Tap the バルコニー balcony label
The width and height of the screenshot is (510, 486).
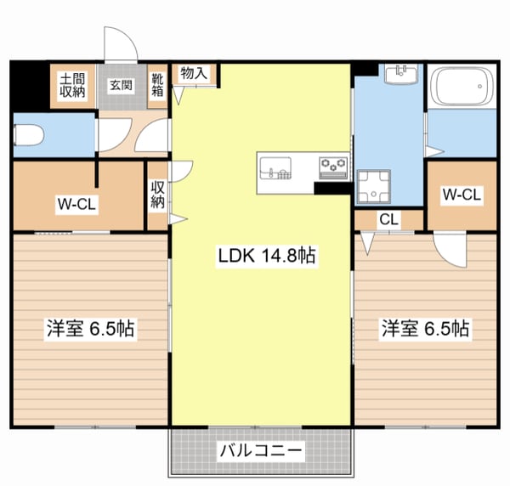(260, 450)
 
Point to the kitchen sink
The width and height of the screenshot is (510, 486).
(275, 168)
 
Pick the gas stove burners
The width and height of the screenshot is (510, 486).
(333, 165)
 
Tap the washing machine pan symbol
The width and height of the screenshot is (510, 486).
(372, 187)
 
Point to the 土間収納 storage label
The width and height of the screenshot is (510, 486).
(72, 86)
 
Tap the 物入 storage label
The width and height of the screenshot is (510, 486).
(194, 73)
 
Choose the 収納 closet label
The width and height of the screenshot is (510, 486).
(158, 195)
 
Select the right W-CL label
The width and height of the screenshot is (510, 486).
(462, 195)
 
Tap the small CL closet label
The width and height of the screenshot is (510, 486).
(388, 220)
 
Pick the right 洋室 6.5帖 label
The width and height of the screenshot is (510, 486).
(426, 327)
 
